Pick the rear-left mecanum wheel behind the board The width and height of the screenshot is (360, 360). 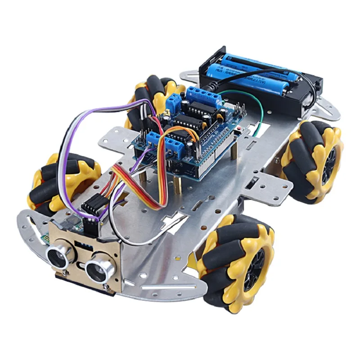148,97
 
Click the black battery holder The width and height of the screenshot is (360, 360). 261,81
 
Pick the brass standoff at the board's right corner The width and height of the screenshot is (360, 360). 234,153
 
